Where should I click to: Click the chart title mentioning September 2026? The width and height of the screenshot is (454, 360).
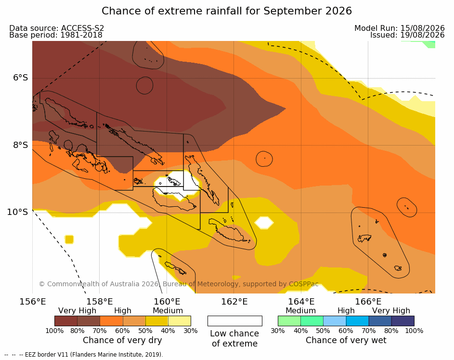click(227, 11)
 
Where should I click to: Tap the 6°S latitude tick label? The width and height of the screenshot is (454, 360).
click(20, 78)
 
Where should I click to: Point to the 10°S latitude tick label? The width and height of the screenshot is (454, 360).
click(18, 212)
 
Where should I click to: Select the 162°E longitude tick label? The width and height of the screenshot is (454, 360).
click(234, 302)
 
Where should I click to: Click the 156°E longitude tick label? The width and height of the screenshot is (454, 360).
click(33, 302)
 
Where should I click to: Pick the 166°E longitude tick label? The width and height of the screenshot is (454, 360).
click(368, 302)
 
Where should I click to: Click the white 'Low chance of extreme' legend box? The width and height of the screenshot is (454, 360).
click(235, 321)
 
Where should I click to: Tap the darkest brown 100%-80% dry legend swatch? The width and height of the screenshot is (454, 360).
click(66, 321)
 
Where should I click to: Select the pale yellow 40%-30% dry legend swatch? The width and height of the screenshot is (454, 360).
click(180, 321)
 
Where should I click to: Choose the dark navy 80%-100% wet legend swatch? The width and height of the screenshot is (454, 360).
click(403, 321)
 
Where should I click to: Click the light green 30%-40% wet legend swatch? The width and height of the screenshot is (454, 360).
click(289, 321)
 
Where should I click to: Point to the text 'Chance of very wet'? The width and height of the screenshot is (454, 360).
click(346, 340)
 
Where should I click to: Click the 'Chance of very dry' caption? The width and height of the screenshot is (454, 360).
click(122, 340)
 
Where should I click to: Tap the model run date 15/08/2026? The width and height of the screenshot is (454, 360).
click(422, 28)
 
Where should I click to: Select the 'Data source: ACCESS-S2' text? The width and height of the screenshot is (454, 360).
click(57, 28)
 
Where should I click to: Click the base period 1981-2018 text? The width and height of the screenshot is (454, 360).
click(81, 35)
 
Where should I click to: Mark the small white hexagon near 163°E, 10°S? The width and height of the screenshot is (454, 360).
click(264, 223)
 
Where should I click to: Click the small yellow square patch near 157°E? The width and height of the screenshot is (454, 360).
click(69, 240)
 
